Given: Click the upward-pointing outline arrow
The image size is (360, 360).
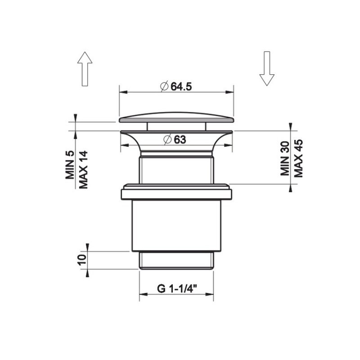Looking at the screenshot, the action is [85, 69].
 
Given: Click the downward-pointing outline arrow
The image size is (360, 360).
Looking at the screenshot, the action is [267, 68].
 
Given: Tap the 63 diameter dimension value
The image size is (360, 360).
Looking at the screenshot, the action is [180, 139].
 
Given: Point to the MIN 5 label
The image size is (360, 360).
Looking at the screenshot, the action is [70, 165].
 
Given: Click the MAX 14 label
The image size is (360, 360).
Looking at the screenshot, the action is [84, 170].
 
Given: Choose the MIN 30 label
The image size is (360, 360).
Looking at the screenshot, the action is [285, 159].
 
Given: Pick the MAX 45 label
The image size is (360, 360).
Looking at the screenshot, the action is [298, 158].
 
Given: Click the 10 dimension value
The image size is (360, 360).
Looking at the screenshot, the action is [82, 260].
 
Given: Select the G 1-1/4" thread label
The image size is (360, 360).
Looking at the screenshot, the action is [177, 288].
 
